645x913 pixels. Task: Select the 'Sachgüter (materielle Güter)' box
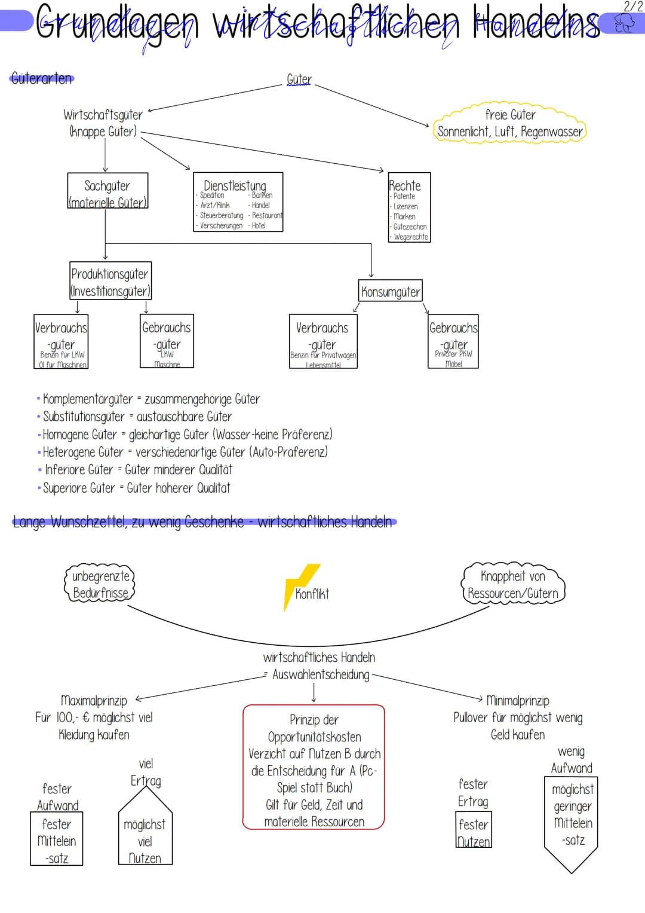(107, 191)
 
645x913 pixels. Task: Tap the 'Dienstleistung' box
(238, 202)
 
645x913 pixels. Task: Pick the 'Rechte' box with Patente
(408, 207)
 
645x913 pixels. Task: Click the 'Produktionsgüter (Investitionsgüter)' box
(110, 281)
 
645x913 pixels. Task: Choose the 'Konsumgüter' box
(391, 291)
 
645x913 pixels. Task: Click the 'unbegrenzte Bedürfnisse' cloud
(100, 584)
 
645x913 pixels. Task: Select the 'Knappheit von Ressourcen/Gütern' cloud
(513, 584)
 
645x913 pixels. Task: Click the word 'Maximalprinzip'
(94, 700)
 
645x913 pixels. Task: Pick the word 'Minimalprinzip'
(518, 700)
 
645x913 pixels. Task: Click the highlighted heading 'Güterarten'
(42, 78)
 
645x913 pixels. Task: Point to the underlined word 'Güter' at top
(299, 79)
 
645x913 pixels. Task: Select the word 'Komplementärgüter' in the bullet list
(88, 399)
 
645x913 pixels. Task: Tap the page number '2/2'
(633, 7)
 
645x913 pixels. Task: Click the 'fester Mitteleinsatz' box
(57, 839)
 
